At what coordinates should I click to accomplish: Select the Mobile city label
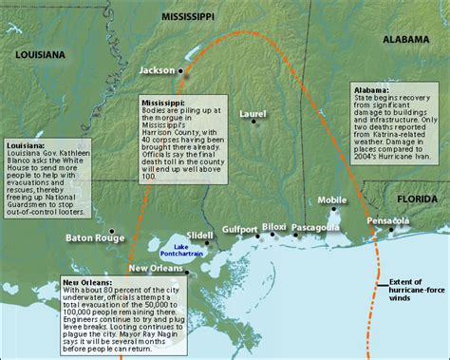[x=332, y=200]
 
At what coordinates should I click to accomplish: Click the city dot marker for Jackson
[x=183, y=73]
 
